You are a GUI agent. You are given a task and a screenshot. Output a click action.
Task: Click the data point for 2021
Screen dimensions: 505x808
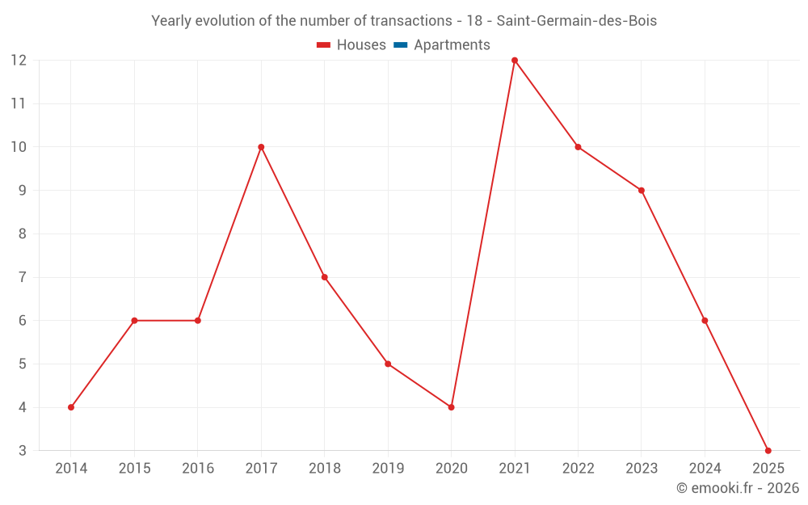click(515, 61)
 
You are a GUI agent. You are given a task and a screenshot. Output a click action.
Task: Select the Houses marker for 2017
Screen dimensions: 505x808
click(261, 147)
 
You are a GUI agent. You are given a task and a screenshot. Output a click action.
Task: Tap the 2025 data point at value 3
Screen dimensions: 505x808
click(768, 450)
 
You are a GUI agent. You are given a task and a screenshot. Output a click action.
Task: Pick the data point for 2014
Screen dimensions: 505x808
click(71, 407)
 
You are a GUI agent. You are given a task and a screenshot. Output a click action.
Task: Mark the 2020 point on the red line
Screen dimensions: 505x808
click(451, 407)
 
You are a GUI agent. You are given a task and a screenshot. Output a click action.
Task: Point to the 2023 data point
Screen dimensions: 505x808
click(642, 191)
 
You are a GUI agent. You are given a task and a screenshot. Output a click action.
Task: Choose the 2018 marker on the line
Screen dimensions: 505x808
click(324, 277)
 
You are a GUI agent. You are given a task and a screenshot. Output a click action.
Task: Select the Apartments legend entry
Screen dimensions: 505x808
click(452, 45)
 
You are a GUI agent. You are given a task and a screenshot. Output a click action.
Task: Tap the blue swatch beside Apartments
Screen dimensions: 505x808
click(400, 45)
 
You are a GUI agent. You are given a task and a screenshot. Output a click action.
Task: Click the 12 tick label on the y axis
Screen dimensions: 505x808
click(19, 61)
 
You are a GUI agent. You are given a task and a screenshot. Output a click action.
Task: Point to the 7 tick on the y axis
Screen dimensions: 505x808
click(23, 277)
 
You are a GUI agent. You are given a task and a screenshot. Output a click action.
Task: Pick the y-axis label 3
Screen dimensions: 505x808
click(23, 450)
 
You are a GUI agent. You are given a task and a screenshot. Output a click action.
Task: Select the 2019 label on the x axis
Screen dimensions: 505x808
click(388, 469)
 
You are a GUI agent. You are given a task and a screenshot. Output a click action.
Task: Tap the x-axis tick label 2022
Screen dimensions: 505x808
click(578, 469)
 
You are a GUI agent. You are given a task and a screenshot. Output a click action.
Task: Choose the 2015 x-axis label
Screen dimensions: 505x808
click(134, 469)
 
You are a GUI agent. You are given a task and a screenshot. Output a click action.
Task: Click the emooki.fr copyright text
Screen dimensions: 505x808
click(738, 488)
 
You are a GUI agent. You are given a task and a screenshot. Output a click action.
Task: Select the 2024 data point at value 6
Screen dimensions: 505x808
click(705, 321)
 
